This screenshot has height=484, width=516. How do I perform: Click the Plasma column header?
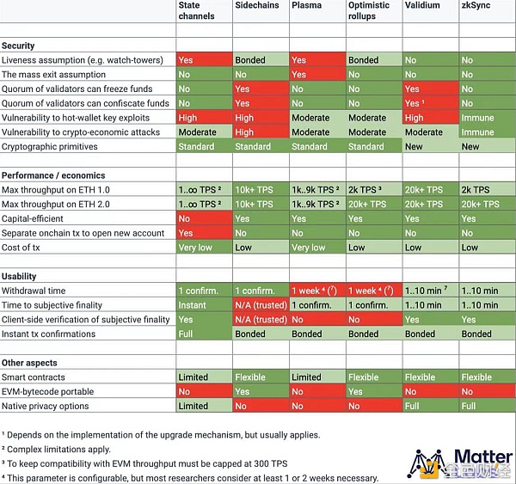[x=306, y=5]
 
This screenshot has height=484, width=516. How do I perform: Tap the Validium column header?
[x=421, y=5]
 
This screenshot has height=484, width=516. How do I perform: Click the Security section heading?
[x=19, y=46]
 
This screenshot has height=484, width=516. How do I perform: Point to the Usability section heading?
[x=20, y=276]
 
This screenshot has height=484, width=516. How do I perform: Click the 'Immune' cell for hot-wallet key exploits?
[x=477, y=118]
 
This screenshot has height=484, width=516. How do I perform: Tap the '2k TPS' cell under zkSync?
[x=475, y=190]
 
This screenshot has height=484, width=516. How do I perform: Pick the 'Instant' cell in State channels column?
[x=193, y=305]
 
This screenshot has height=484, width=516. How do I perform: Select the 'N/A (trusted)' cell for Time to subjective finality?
[x=261, y=305]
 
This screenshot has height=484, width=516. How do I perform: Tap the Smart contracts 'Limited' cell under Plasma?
[x=306, y=377]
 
